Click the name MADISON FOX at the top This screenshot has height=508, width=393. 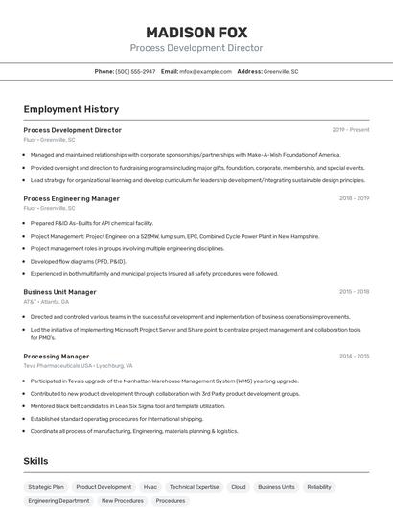(196, 33)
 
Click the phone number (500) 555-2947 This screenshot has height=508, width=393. (135, 72)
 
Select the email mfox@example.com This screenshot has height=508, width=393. (205, 72)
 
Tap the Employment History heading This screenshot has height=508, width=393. (71, 110)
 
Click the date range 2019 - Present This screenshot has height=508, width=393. (350, 130)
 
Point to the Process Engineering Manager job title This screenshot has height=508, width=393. (71, 198)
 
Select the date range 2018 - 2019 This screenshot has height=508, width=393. (354, 198)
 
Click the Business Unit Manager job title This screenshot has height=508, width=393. (59, 292)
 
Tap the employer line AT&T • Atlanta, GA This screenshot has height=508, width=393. (46, 302)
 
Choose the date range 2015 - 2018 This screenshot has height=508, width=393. (354, 292)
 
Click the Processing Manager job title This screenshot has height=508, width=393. (56, 357)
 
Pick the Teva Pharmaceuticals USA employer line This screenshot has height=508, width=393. (78, 366)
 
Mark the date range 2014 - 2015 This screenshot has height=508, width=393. (354, 357)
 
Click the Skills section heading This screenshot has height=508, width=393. (35, 461)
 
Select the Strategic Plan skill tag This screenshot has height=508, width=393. (46, 487)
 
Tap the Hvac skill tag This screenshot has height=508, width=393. (150, 487)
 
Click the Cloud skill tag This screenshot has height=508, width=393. (238, 487)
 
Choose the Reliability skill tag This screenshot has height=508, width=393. (319, 487)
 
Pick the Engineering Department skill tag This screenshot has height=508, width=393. (58, 501)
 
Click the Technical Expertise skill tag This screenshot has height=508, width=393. (195, 487)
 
